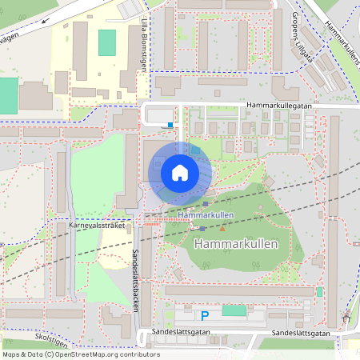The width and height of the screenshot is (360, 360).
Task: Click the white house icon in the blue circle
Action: pyautogui.click(x=179, y=173)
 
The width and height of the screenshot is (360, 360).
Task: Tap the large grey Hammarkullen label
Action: pyautogui.click(x=236, y=244)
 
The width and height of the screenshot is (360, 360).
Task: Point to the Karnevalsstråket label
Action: pyautogui.click(x=98, y=225)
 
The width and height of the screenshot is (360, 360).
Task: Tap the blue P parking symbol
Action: pyautogui.click(x=205, y=316)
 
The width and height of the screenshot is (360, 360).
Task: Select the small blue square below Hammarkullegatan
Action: pyautogui.click(x=170, y=124)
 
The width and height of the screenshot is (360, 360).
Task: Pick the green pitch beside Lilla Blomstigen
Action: pyautogui.click(x=106, y=42)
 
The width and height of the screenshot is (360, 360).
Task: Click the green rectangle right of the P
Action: pyautogui.click(x=234, y=310)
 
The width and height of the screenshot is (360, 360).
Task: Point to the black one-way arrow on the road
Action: pyautogui.click(x=45, y=21)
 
